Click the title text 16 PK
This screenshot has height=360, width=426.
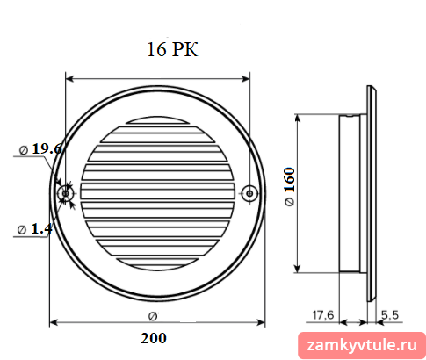(172, 49)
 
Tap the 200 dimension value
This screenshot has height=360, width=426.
(154, 338)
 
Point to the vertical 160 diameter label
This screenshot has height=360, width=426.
(289, 187)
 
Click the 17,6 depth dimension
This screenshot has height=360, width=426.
(323, 315)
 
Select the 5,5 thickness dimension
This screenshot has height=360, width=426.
(390, 315)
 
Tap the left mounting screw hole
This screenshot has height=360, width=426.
(66, 193)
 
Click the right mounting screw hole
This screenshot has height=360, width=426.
(249, 193)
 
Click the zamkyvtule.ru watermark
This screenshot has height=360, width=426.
(362, 345)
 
